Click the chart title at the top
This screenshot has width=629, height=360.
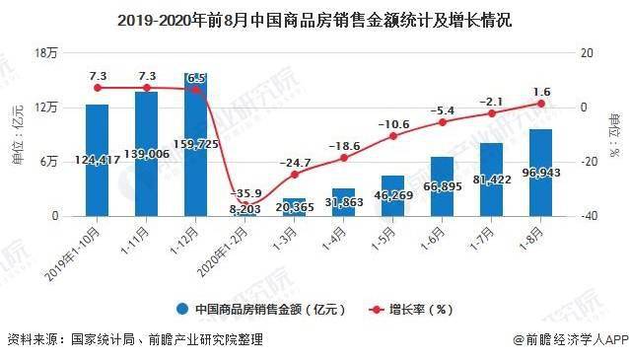click(x=315, y=19)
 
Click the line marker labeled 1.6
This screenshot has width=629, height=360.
click(x=540, y=103)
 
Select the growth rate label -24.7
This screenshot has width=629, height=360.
click(x=295, y=161)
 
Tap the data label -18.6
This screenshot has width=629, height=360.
click(x=344, y=145)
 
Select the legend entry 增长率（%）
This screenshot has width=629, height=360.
click(x=414, y=309)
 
